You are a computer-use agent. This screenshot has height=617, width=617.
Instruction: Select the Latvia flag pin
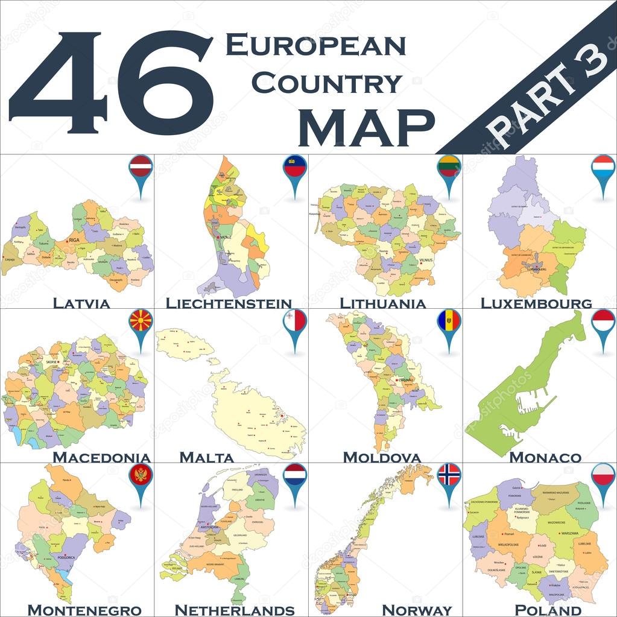coord(141,166)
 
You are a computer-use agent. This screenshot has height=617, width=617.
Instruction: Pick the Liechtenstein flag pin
coord(295,166)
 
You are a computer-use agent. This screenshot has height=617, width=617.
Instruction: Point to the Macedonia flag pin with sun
coord(141,321)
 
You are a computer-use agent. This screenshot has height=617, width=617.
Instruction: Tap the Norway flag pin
coord(449,475)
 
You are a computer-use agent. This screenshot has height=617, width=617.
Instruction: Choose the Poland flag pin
coord(603,475)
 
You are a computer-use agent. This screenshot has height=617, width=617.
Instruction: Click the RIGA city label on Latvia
coord(75,240)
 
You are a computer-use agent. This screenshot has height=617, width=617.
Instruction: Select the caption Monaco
coord(545,458)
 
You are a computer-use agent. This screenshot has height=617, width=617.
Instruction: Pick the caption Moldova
coord(381,458)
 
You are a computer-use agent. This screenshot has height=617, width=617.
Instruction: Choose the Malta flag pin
coord(295,321)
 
